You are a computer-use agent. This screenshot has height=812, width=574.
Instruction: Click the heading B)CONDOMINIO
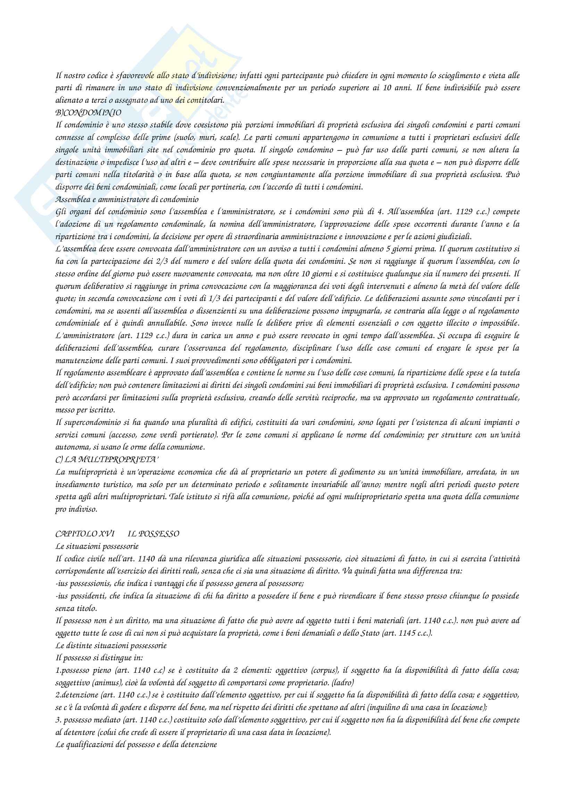pos(88,113)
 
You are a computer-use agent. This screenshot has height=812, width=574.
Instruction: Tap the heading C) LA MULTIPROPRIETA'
pos(107,460)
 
